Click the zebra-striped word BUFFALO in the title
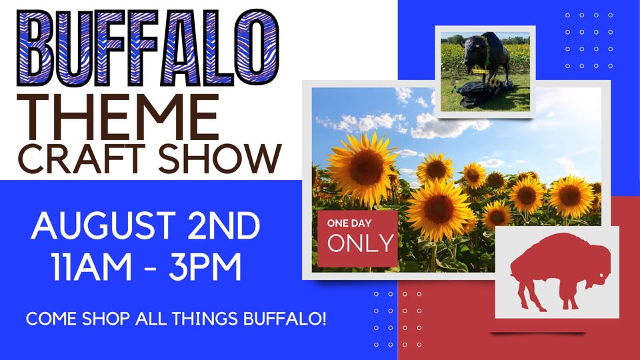pos(148,48)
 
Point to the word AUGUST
pos(103,225)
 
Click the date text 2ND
pos(224,225)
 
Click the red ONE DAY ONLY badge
pos(357,239)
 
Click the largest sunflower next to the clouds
pos(362,168)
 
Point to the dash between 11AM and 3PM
pos(150,269)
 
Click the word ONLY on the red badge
pos(361,243)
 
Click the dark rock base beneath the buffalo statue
pos(485,90)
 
